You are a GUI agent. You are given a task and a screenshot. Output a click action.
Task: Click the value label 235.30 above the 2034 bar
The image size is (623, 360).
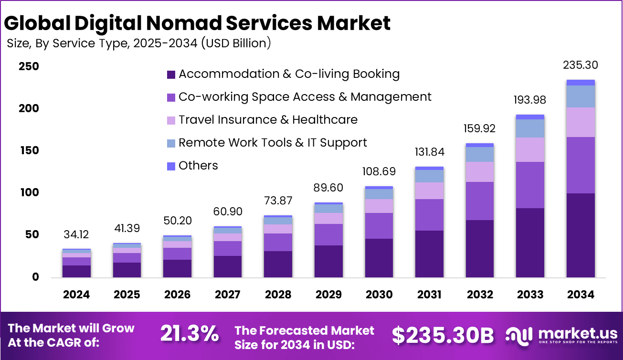[580, 65]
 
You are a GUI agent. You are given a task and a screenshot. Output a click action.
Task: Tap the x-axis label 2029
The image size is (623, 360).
[328, 295]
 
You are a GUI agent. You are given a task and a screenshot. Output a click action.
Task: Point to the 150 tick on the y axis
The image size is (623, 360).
[29, 151]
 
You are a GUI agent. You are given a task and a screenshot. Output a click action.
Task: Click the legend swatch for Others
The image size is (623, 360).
[171, 166]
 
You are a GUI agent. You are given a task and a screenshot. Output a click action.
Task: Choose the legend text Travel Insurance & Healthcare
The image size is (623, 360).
[268, 119]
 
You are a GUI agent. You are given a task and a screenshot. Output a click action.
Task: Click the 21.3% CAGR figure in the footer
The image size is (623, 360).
[189, 334]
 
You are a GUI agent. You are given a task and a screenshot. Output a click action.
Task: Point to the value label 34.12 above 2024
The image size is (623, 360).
[76, 234]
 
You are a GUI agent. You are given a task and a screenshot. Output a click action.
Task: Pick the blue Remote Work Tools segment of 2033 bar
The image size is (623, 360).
[530, 128]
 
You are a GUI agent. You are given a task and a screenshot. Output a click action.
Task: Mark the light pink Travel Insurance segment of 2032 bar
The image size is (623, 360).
[479, 172]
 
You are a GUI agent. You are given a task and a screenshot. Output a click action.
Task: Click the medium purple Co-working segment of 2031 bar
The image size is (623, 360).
[429, 215]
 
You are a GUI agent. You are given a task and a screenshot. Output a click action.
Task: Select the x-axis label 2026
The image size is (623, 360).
[177, 295]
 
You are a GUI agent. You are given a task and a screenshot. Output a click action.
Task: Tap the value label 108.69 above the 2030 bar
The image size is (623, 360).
[379, 171]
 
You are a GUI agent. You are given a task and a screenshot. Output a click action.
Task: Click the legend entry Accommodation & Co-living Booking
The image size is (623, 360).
[289, 74]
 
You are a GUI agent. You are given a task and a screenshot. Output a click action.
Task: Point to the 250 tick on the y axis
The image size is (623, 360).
[29, 67]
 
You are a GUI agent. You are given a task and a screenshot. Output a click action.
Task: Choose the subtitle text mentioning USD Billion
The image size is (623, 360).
[139, 43]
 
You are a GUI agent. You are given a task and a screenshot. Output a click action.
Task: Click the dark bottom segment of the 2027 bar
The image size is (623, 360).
[228, 266]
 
